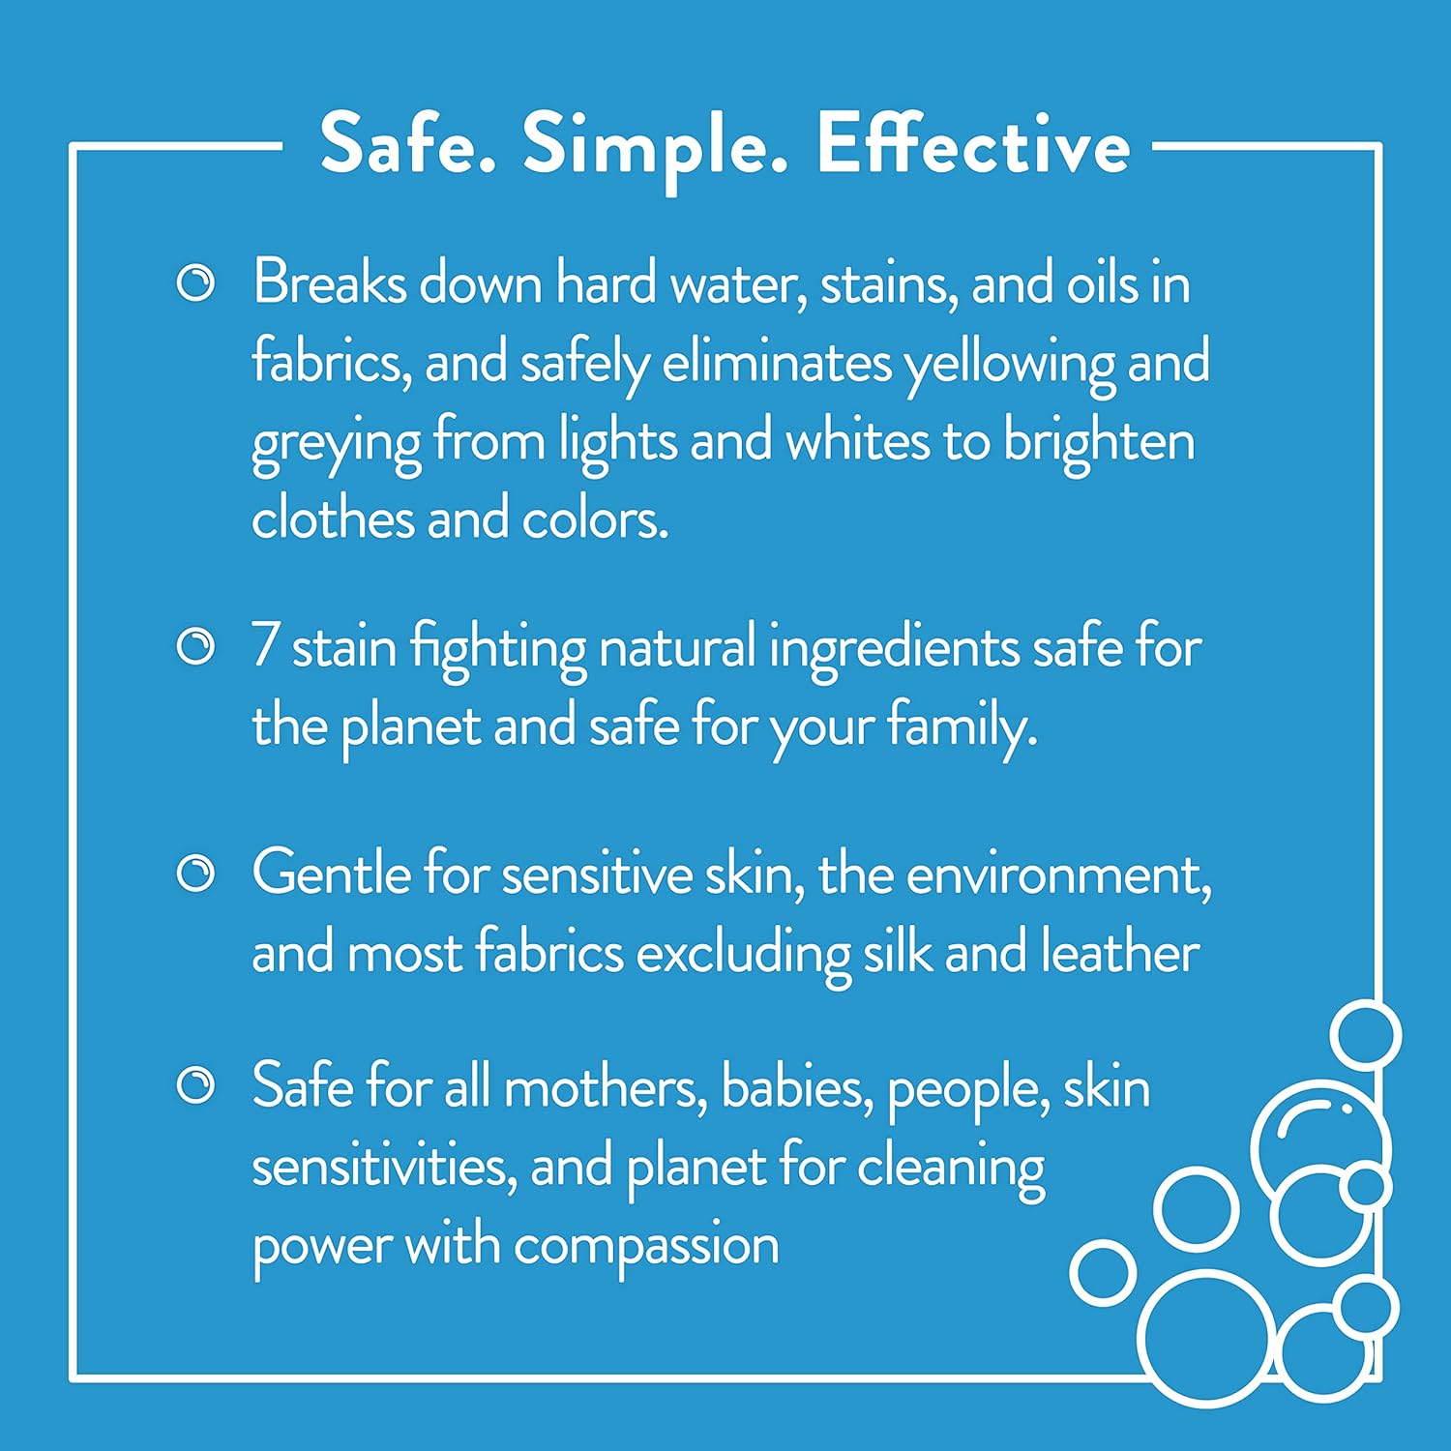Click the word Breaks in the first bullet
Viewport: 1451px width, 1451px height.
[x=330, y=283]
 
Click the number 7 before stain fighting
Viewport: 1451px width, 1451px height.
[x=265, y=646]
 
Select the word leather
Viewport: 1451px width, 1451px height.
[x=1119, y=952]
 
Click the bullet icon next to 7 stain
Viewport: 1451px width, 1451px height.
[x=195, y=646]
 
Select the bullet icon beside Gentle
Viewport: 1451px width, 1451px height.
[x=195, y=874]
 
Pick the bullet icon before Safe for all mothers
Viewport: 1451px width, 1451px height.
[x=195, y=1085]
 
